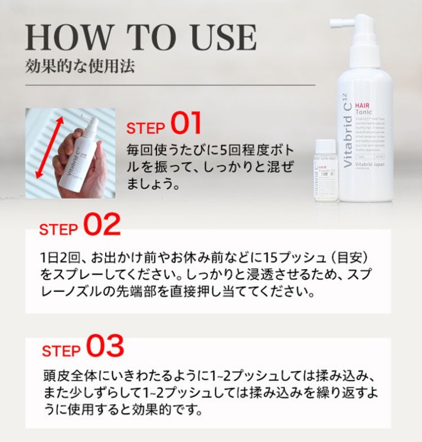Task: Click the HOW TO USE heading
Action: [x=140, y=37]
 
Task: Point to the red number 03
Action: [x=104, y=347]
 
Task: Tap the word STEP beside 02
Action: [x=59, y=229]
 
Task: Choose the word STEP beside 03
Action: [x=61, y=351]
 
